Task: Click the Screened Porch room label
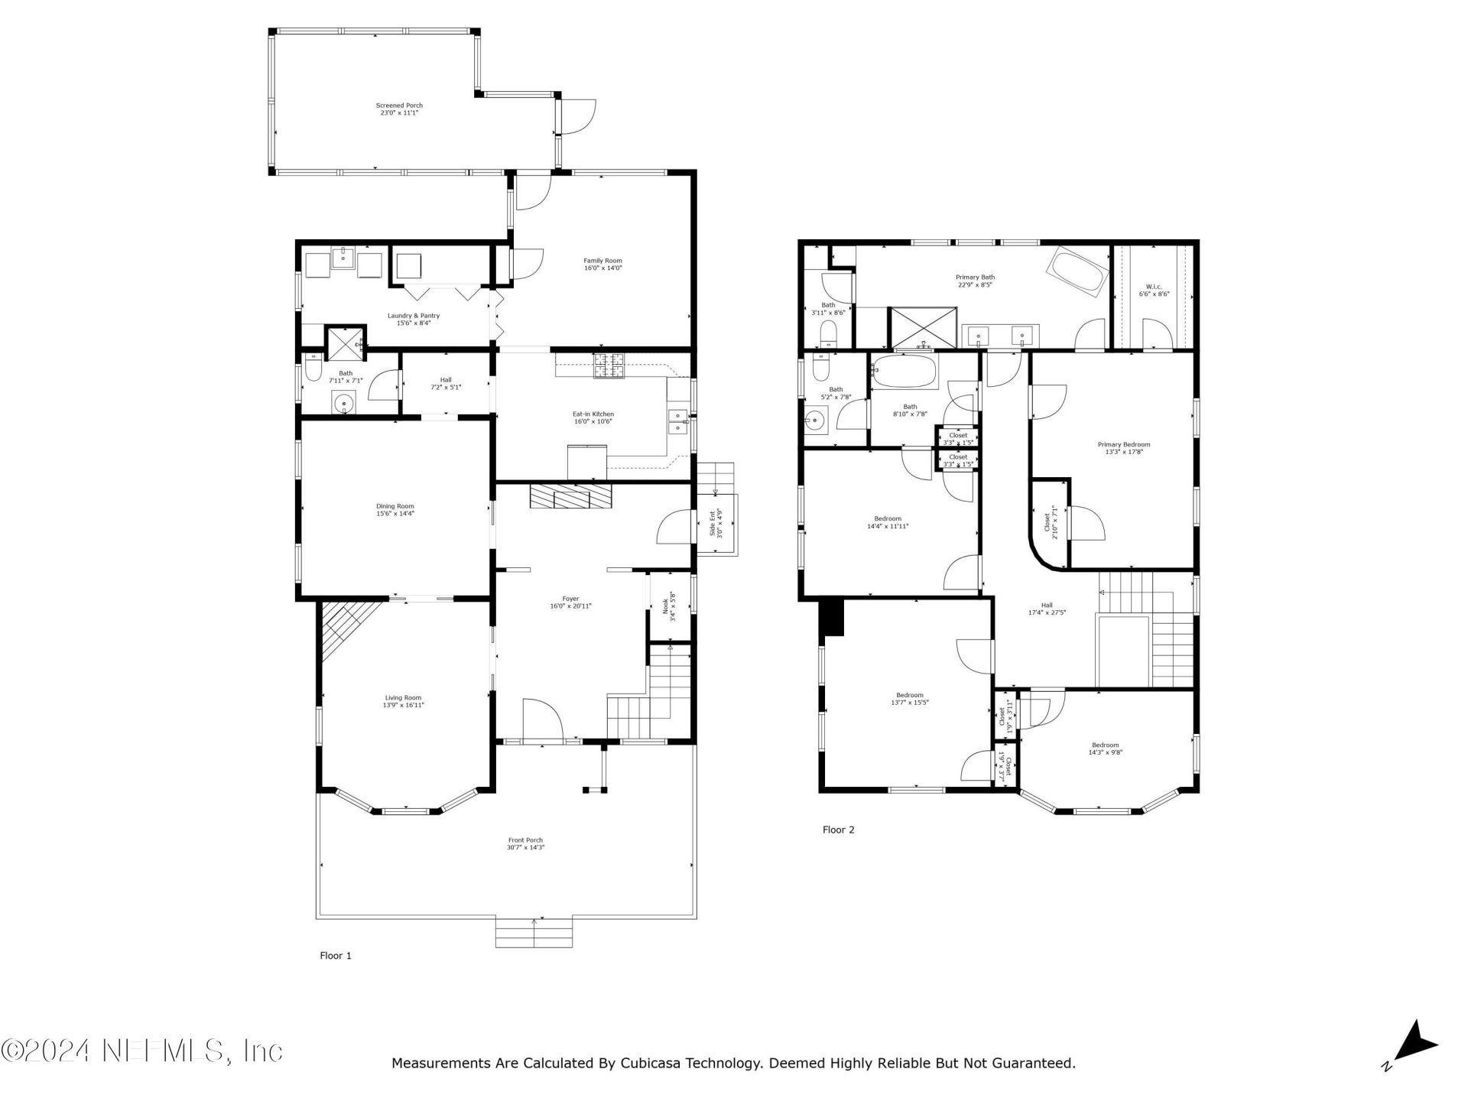tap(399, 106)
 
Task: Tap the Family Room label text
tap(602, 261)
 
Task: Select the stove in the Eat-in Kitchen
tap(609, 366)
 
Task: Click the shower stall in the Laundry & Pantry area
tap(346, 342)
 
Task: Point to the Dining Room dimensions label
tap(395, 514)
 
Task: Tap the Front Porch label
tap(525, 840)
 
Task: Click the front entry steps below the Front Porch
tap(534, 933)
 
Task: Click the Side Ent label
tap(713, 523)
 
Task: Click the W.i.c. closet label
tap(1154, 287)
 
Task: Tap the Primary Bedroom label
tap(1123, 444)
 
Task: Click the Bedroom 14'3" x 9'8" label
tap(1105, 745)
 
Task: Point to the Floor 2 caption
tap(838, 830)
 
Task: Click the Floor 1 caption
tap(335, 956)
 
